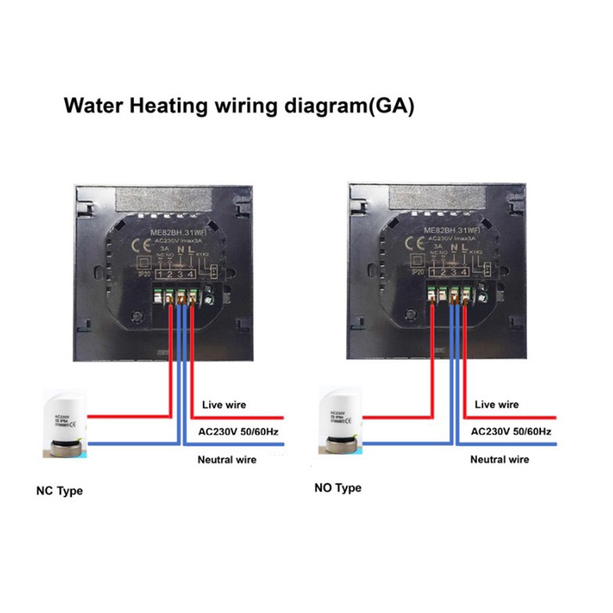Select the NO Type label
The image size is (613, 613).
337,488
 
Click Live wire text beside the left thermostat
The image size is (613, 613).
224,405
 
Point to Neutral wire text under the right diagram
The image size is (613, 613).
499,459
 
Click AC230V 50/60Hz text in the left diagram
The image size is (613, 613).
239,432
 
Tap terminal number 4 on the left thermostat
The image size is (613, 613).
191,274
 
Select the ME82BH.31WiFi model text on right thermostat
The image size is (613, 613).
451,230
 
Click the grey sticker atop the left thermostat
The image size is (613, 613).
163,198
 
